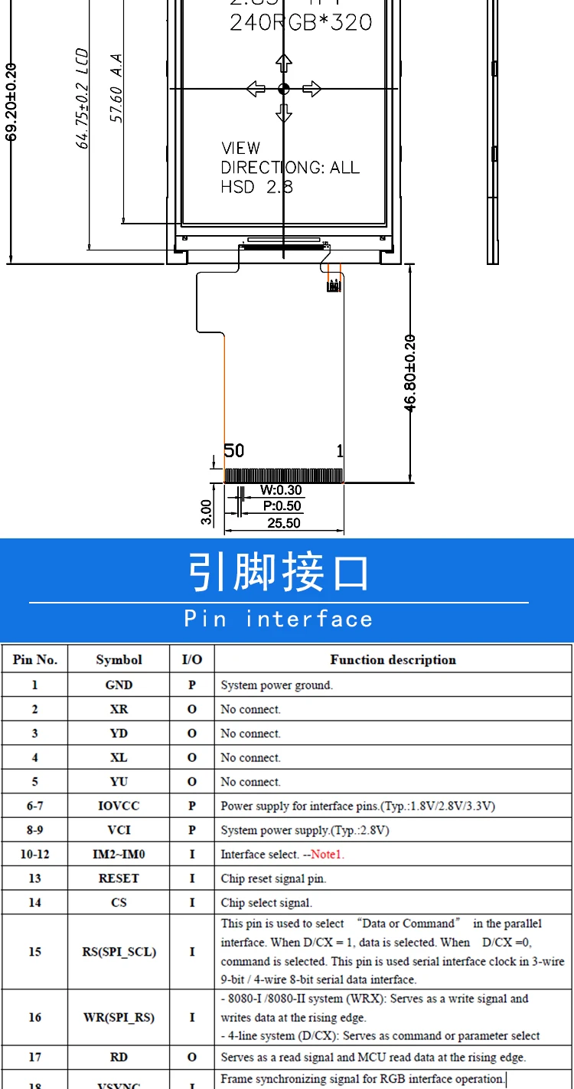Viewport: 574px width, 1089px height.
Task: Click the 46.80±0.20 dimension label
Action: [409, 373]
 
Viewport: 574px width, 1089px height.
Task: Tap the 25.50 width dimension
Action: [283, 523]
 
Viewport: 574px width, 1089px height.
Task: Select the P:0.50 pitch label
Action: [282, 506]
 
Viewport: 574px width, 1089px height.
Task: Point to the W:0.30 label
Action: [281, 490]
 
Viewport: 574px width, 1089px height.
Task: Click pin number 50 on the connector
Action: [233, 450]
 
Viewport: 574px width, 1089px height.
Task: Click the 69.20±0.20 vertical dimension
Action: [11, 101]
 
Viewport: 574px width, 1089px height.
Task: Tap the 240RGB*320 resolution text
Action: [301, 22]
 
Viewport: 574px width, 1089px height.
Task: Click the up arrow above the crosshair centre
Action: [284, 64]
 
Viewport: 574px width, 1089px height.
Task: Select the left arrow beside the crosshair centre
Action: [256, 89]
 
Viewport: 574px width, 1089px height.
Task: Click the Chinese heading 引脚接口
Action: [279, 573]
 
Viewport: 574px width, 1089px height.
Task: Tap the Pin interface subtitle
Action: [279, 619]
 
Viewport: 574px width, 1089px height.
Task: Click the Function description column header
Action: [393, 659]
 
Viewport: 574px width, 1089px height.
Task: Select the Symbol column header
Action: [119, 659]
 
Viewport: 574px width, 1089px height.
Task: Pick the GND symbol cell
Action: [119, 685]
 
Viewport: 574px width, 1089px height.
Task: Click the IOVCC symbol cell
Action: [119, 806]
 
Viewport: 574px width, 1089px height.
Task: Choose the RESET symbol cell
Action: [119, 878]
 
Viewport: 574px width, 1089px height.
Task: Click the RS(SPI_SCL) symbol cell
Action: [119, 952]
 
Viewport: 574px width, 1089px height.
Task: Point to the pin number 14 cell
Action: [34, 903]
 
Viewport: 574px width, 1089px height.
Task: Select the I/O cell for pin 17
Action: [192, 1058]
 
